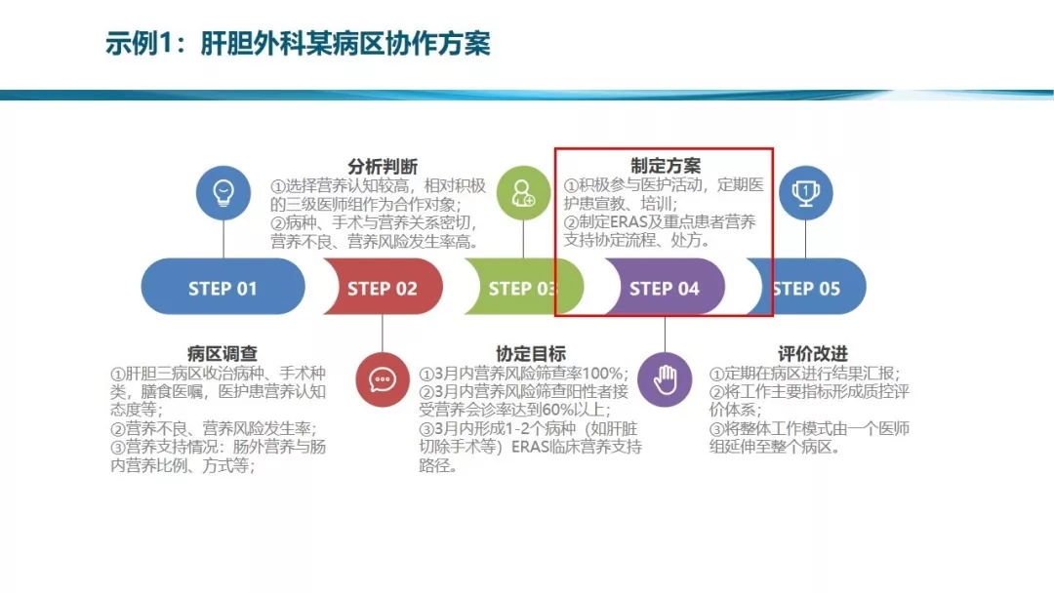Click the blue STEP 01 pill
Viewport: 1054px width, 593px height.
tap(223, 287)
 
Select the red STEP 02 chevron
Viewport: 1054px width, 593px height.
tap(384, 287)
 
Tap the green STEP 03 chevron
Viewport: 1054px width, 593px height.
tap(524, 287)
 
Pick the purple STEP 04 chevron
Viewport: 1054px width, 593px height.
tap(665, 287)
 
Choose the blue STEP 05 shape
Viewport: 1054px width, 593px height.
tap(807, 287)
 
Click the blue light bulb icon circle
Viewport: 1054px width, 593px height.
tap(223, 193)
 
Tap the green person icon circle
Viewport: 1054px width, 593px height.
tap(524, 193)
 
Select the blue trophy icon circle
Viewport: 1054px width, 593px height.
tap(805, 193)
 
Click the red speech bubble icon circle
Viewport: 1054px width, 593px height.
tap(383, 379)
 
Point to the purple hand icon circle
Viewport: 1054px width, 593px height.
tap(665, 379)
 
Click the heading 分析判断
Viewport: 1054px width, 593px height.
tap(383, 166)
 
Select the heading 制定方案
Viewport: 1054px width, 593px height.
tap(666, 165)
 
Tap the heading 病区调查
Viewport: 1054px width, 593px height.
tap(223, 353)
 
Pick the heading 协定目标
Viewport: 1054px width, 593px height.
tap(531, 353)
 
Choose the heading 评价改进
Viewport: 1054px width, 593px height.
tap(813, 353)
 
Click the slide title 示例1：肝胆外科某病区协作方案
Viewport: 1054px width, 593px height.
tap(298, 44)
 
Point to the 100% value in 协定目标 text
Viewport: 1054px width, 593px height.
tap(602, 374)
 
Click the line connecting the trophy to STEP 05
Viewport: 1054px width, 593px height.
tap(805, 240)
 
